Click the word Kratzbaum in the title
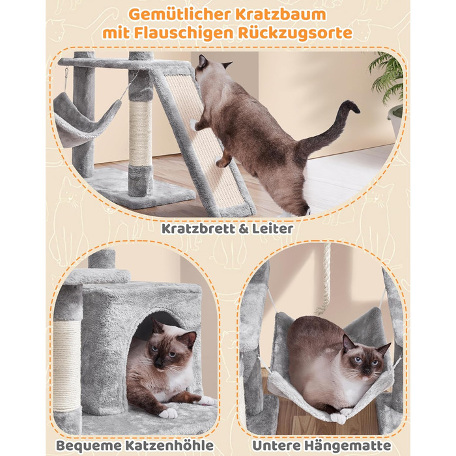(x=281, y=14)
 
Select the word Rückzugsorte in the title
(x=295, y=33)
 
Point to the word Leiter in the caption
(x=272, y=229)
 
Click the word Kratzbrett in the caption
(x=199, y=229)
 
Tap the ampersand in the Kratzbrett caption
(x=244, y=229)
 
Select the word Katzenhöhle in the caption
(x=169, y=445)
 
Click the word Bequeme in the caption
(x=89, y=445)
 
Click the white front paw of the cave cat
(x=168, y=413)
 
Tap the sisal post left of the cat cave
(x=67, y=365)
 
